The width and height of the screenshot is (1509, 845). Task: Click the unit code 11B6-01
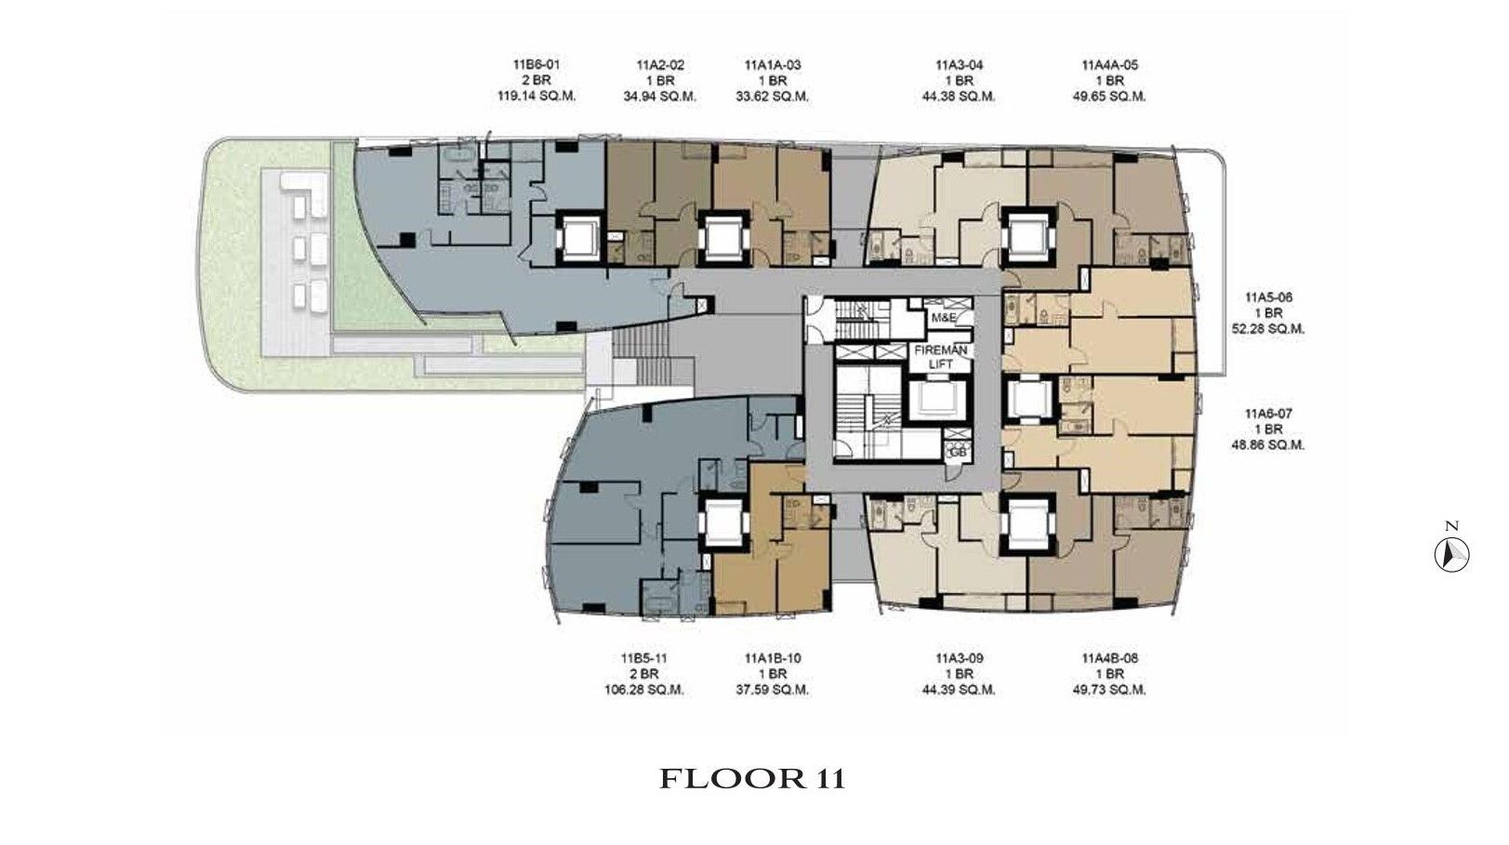click(536, 65)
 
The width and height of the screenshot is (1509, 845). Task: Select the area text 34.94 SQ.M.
click(660, 97)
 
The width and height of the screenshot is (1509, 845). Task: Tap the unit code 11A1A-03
click(773, 65)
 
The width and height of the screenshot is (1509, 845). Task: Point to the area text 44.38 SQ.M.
click(959, 97)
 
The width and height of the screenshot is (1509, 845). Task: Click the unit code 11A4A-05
click(1109, 65)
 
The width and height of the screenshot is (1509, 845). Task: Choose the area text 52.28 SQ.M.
click(1268, 329)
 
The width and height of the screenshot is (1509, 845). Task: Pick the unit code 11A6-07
click(1268, 414)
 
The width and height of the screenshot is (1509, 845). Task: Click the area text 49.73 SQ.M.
click(1109, 690)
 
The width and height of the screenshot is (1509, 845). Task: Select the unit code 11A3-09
click(959, 658)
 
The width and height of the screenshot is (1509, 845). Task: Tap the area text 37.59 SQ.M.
click(773, 690)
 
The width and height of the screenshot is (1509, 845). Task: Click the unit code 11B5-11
click(644, 658)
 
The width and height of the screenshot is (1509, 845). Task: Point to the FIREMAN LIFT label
click(940, 357)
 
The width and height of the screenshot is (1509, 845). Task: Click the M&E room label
click(940, 317)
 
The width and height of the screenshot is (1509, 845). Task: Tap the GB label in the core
click(958, 453)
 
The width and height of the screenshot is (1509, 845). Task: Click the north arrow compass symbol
click(1451, 556)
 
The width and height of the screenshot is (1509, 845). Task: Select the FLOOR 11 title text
click(752, 779)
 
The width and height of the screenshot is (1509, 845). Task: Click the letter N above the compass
click(1451, 526)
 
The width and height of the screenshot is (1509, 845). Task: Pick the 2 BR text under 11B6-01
click(536, 81)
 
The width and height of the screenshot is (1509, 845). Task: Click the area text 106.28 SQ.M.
click(644, 690)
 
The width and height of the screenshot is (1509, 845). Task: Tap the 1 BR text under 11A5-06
click(1268, 313)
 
